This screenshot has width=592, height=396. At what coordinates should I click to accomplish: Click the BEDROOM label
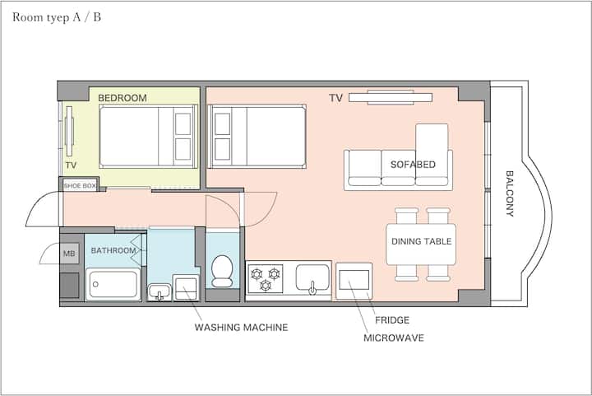(x=123, y=98)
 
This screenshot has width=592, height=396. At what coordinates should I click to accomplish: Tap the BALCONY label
(x=510, y=193)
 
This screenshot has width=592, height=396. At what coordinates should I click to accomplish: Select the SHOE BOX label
(x=80, y=186)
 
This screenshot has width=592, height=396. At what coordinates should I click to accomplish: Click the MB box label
(x=69, y=254)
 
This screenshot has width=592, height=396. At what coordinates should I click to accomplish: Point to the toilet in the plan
(x=222, y=272)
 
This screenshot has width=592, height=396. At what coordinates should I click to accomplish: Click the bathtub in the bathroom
(x=113, y=284)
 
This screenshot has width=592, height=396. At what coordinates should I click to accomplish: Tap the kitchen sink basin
(x=312, y=277)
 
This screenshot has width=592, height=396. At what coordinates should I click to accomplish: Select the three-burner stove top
(x=265, y=278)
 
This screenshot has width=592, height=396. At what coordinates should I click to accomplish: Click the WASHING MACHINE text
(x=241, y=327)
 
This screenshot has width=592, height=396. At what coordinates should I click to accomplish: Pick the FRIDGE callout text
(x=392, y=320)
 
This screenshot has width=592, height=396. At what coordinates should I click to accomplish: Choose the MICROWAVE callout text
(x=394, y=338)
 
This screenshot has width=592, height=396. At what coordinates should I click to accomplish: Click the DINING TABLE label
(x=421, y=241)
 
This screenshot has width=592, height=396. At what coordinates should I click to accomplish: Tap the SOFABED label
(x=413, y=165)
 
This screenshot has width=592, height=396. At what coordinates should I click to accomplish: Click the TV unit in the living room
(x=391, y=97)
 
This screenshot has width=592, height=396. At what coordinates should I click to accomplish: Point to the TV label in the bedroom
(x=71, y=165)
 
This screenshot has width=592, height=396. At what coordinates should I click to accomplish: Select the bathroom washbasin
(x=159, y=292)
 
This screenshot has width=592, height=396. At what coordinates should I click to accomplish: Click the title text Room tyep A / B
(x=57, y=17)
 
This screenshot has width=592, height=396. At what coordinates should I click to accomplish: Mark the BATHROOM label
(x=113, y=250)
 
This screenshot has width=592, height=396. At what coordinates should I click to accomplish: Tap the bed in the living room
(x=257, y=137)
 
